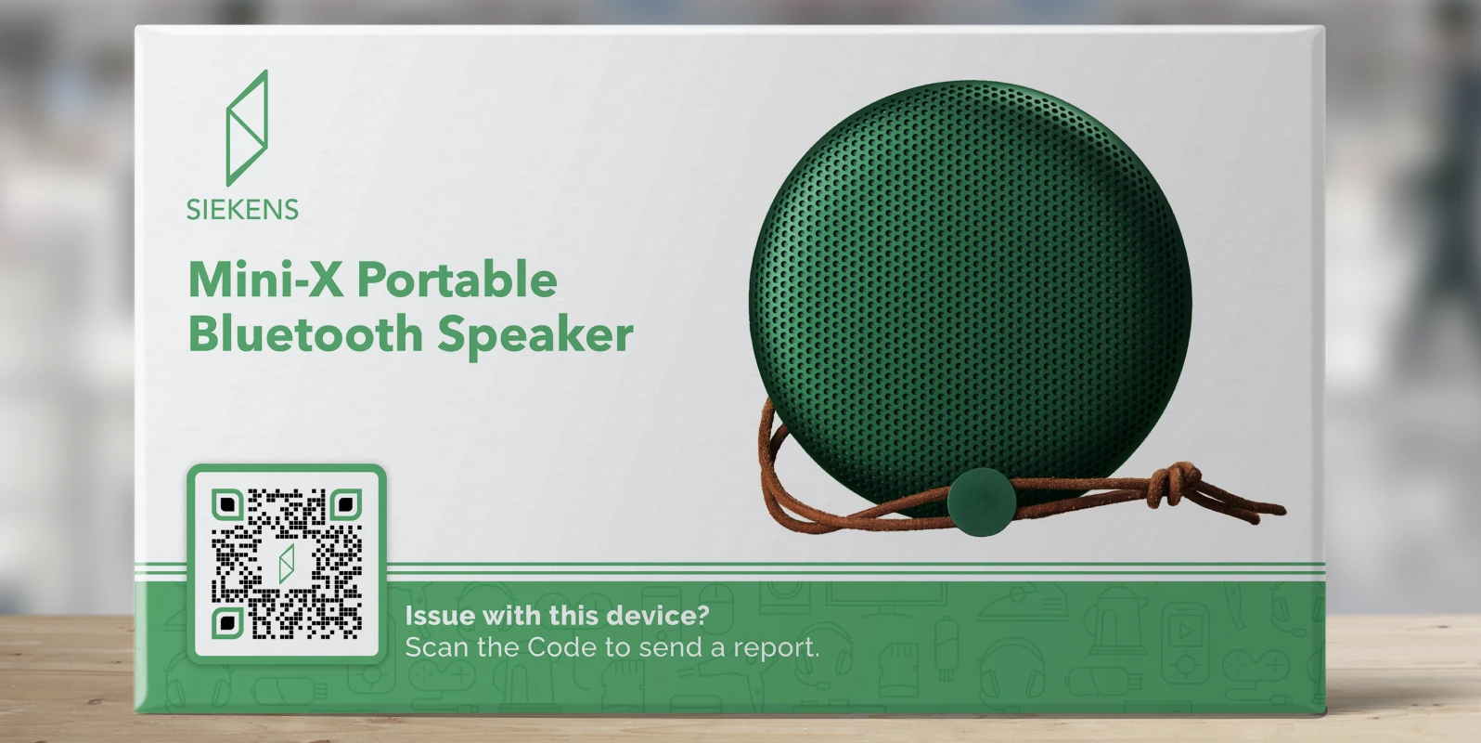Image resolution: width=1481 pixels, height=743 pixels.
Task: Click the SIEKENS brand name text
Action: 242,209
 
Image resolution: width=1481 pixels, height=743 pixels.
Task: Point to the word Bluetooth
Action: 305,334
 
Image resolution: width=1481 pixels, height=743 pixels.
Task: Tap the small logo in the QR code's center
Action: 287,563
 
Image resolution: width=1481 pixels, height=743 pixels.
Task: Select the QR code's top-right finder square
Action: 345,505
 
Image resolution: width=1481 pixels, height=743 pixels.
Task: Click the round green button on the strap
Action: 980,502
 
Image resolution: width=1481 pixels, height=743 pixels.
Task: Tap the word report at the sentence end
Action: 774,648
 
